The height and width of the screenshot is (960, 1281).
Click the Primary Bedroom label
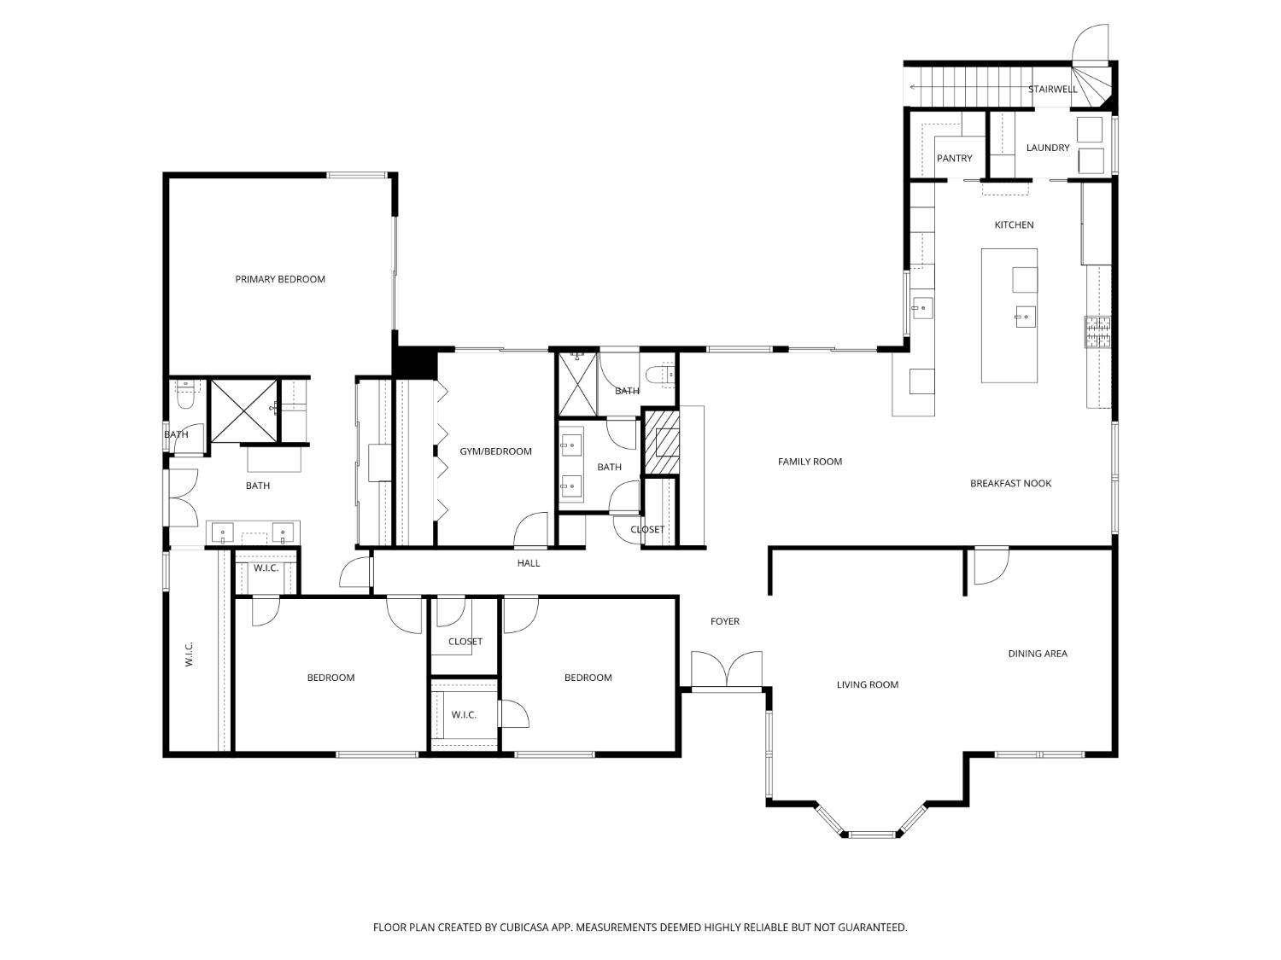click(x=279, y=279)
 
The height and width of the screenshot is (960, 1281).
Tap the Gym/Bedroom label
click(x=495, y=451)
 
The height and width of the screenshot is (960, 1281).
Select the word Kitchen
click(x=1014, y=225)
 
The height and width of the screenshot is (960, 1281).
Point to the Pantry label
click(x=954, y=159)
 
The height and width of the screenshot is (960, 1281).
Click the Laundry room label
click(x=1048, y=148)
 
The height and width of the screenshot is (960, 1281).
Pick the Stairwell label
click(x=1052, y=90)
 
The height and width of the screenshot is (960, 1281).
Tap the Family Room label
click(x=810, y=462)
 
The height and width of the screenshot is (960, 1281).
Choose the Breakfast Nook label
click(x=1010, y=483)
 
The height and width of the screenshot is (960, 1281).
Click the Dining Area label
click(x=1037, y=654)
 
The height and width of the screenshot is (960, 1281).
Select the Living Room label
click(x=867, y=685)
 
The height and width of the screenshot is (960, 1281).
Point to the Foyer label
click(x=724, y=621)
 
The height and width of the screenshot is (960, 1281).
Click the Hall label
click(x=528, y=563)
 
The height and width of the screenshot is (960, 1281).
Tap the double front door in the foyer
click(x=727, y=671)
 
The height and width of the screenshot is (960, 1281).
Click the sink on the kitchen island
click(x=1026, y=317)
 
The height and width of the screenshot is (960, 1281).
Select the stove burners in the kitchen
click(x=1097, y=332)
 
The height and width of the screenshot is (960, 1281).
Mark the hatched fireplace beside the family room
click(x=662, y=442)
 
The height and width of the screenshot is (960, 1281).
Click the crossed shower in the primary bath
click(x=243, y=411)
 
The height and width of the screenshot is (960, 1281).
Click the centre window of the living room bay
click(x=872, y=835)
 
